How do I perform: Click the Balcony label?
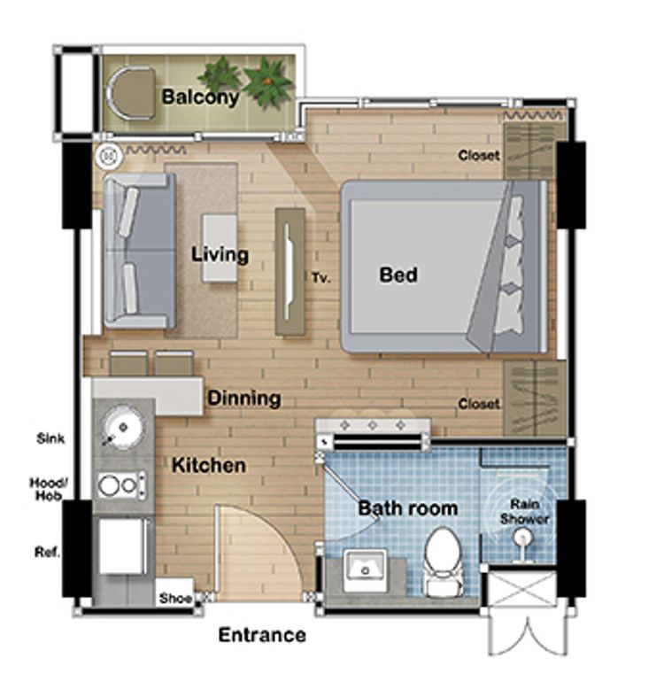200,97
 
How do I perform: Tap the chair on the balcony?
131,93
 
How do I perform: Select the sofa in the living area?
139,251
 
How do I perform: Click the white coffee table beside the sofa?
220,248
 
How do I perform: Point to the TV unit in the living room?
290,271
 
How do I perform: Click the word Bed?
398,275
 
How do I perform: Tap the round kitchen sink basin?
122,427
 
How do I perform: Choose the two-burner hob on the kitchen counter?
120,485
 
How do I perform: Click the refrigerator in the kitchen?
122,546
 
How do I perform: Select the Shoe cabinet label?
175,598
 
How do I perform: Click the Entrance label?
262,635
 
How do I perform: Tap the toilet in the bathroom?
444,561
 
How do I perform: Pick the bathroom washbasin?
365,569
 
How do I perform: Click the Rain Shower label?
524,512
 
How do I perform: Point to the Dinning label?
244,399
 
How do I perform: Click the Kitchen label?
208,466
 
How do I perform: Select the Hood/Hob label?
49,489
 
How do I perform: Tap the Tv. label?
320,278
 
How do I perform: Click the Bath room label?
407,508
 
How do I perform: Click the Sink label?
50,438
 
